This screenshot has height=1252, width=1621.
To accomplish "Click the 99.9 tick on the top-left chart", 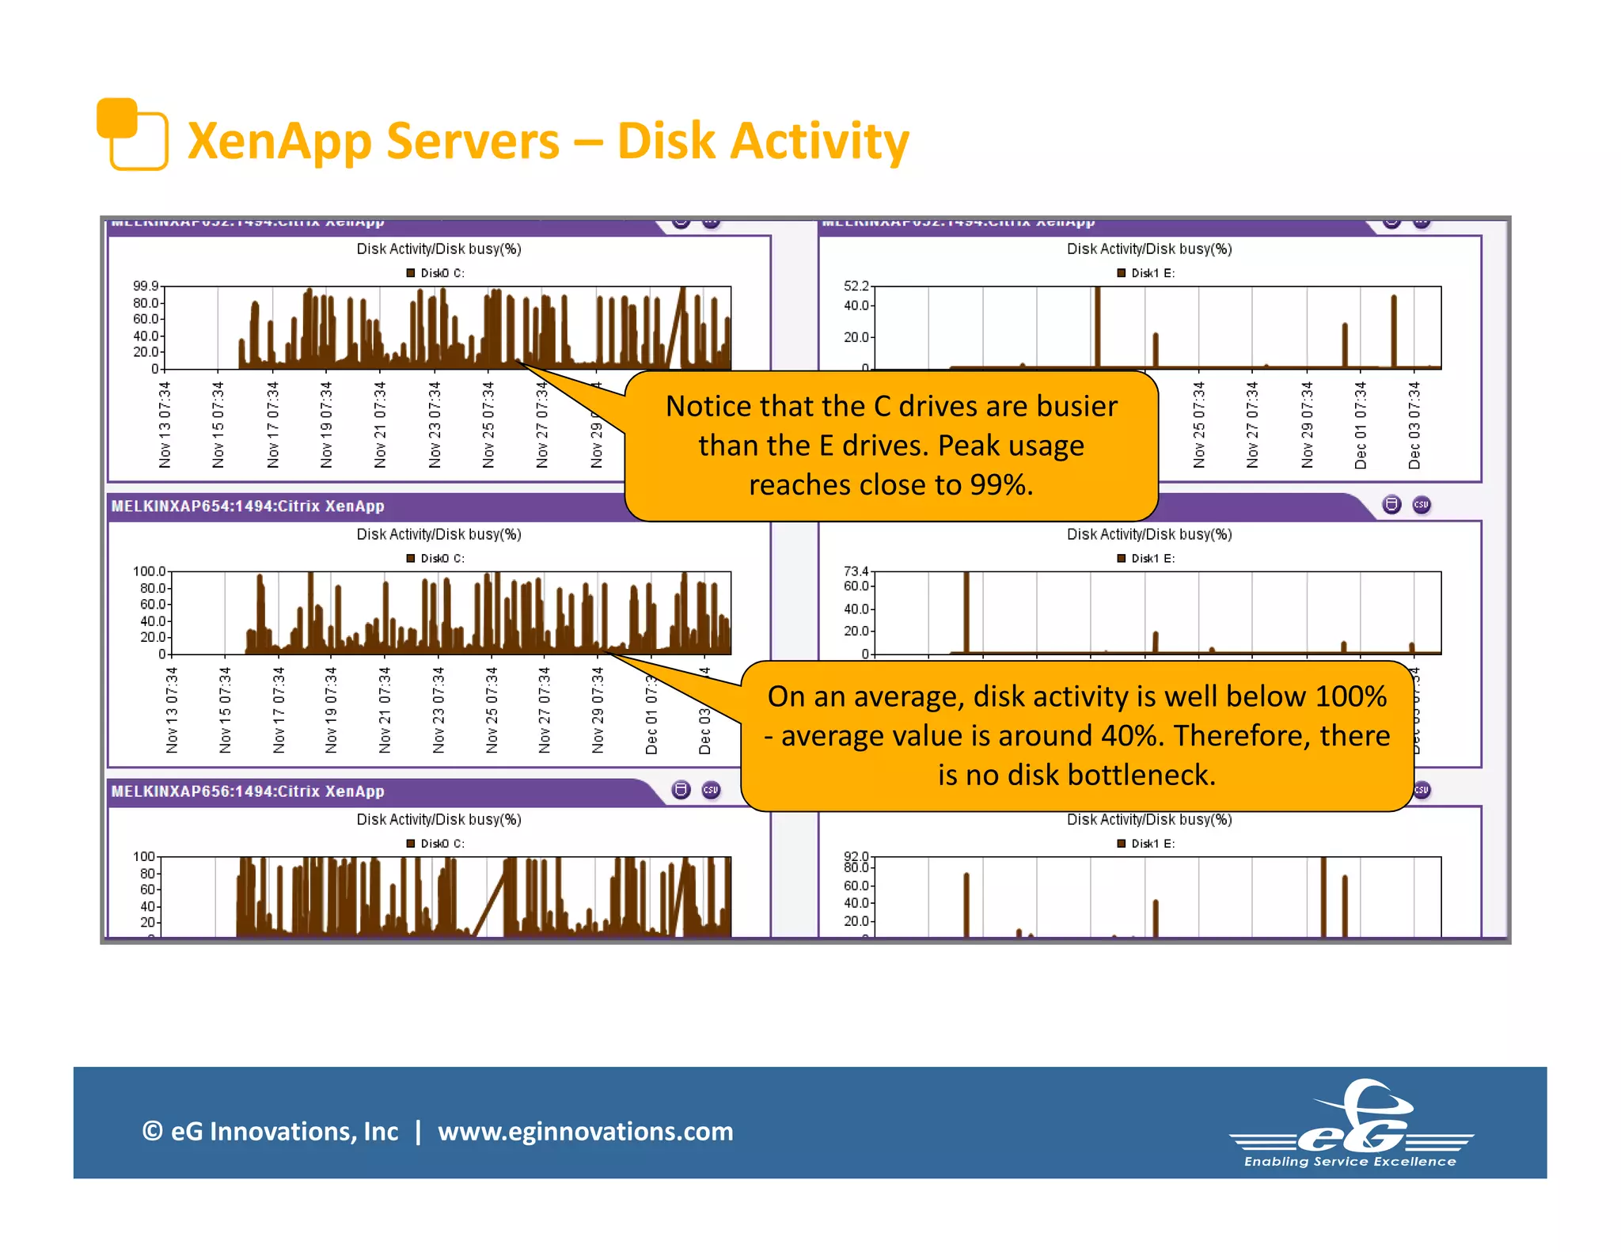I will tap(146, 286).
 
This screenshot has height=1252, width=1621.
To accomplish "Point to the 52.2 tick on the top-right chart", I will tap(856, 286).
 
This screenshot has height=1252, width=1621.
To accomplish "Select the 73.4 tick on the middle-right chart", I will tap(856, 571).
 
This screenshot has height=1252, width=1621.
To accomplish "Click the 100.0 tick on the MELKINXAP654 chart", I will tap(149, 571).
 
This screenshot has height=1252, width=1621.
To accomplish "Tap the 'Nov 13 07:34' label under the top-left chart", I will tap(165, 425).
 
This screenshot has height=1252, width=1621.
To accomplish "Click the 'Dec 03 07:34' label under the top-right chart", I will tap(1414, 425).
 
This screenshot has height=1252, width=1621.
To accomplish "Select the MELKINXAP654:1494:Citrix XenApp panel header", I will tap(248, 506).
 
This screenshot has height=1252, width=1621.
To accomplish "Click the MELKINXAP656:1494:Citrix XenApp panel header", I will tap(248, 791).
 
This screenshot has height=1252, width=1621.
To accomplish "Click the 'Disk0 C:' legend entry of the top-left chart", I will tap(436, 273).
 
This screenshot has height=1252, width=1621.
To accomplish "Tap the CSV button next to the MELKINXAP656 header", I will tap(711, 790).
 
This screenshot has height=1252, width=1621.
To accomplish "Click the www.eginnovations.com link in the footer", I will tap(585, 1131).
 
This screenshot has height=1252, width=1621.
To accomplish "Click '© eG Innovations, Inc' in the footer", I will tap(270, 1131).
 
